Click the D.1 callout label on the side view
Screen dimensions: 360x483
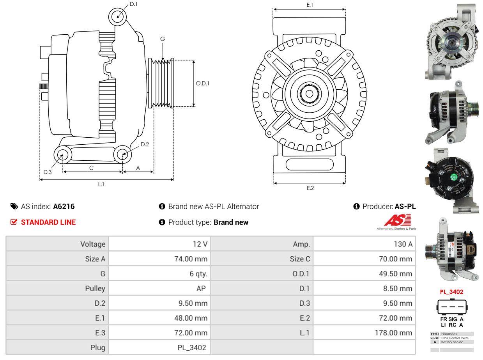click(133, 4)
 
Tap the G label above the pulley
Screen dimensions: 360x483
click(163, 39)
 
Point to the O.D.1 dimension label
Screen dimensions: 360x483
click(202, 83)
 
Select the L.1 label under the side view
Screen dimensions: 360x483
click(101, 184)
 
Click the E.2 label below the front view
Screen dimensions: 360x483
click(310, 188)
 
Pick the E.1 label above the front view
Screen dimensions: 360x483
click(310, 5)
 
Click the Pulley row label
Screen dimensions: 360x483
click(95, 289)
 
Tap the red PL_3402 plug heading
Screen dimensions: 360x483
click(451, 292)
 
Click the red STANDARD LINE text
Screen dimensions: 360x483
click(48, 222)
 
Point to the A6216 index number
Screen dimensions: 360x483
click(64, 207)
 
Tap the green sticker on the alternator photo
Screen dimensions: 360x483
click(454, 178)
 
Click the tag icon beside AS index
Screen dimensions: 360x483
click(14, 207)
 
